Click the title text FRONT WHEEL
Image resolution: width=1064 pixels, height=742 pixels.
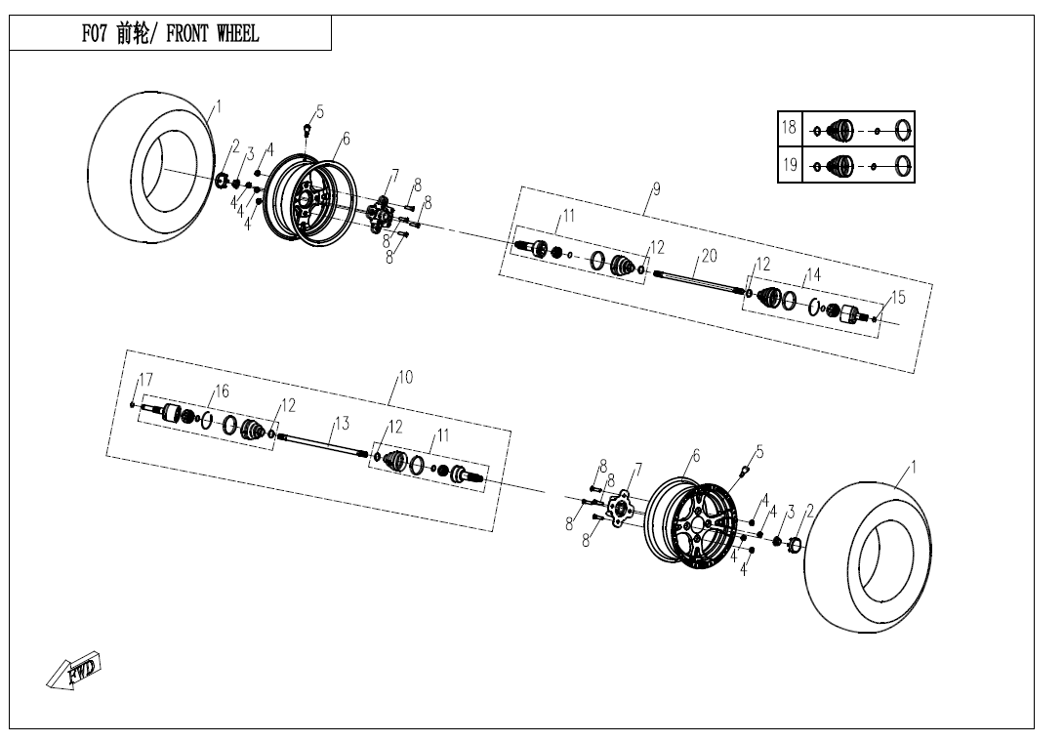(x=213, y=33)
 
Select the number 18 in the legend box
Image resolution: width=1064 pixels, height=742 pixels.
(x=789, y=127)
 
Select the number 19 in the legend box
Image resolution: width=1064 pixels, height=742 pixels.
(x=789, y=164)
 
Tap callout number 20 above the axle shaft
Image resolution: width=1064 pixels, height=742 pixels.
(x=709, y=256)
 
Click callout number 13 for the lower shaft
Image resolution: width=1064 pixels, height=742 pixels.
(x=342, y=424)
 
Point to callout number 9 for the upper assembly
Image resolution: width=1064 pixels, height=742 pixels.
(x=656, y=188)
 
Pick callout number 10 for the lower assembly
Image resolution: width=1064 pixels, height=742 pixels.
(x=405, y=378)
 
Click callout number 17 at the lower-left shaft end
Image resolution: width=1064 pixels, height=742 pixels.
(x=145, y=380)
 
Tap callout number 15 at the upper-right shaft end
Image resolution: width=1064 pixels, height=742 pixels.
(x=898, y=298)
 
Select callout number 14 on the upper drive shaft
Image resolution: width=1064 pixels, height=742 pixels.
(x=813, y=274)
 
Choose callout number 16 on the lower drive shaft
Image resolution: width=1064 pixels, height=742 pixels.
(x=222, y=392)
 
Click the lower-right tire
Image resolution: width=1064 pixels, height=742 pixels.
(x=868, y=557)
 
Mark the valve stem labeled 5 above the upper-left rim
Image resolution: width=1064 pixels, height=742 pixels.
(x=307, y=128)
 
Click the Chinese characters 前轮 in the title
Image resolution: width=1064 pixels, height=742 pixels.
(x=133, y=33)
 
